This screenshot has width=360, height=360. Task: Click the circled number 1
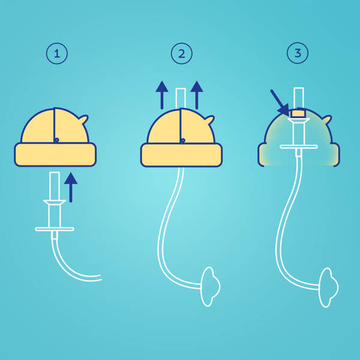click(x=57, y=54)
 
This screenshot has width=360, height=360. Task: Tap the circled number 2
click(x=181, y=54)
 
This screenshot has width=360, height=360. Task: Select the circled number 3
click(x=297, y=54)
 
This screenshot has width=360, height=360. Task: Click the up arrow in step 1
click(x=71, y=187)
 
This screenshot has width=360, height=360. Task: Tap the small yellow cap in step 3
click(x=298, y=113)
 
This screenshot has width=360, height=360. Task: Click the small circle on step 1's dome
click(x=56, y=140)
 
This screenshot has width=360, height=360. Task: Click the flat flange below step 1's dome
click(x=55, y=229)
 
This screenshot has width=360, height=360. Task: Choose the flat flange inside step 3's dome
click(x=298, y=146)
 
